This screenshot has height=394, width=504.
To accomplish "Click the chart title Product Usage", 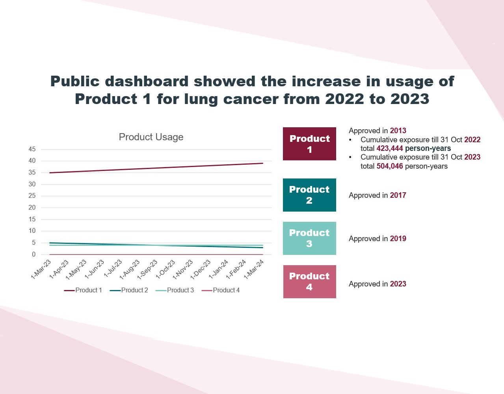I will [x=151, y=137].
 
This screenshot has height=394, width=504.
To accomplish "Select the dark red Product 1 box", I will [x=309, y=144].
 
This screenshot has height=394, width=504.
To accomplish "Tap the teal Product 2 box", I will [x=309, y=195].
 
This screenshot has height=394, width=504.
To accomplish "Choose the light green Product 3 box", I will [x=309, y=238].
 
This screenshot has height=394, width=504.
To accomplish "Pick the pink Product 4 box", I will [x=309, y=282].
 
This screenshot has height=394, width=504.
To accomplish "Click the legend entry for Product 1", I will [x=83, y=290].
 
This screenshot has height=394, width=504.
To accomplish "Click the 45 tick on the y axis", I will [x=32, y=149].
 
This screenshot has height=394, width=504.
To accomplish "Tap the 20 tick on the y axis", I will [x=32, y=208].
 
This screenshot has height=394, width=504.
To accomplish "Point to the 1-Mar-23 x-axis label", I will [x=41, y=269].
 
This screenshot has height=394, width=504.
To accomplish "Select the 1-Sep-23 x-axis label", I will [x=148, y=269].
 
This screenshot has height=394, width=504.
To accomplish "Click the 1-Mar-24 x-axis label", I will [x=254, y=269].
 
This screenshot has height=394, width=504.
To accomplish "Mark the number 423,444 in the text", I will [x=390, y=149].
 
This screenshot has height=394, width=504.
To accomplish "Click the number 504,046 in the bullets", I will [x=390, y=166].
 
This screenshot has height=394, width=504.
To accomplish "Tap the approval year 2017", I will [x=398, y=195].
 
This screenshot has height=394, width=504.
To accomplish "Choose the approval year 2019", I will [x=398, y=239].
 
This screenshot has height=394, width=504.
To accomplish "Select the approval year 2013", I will [x=398, y=131].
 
